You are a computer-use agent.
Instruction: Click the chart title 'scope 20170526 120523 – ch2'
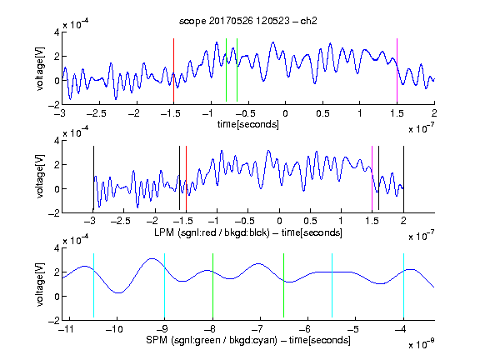click(248, 21)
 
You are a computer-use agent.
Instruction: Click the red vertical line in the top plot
click(173, 70)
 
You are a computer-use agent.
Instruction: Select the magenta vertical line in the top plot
click(397, 70)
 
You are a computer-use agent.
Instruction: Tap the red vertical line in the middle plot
click(186, 178)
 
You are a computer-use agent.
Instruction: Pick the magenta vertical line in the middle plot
click(372, 178)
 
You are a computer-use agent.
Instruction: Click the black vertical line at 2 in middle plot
click(403, 178)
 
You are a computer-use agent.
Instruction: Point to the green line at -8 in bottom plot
click(212, 285)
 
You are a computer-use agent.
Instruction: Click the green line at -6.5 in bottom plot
click(284, 285)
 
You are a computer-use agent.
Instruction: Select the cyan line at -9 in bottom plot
click(165, 285)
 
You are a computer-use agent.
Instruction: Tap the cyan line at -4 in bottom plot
click(403, 285)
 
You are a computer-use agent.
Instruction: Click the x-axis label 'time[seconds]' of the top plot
click(248, 124)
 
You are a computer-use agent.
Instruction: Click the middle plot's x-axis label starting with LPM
click(248, 232)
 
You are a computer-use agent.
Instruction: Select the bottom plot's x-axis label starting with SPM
click(248, 340)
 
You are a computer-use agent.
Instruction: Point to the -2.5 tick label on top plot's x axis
click(96, 113)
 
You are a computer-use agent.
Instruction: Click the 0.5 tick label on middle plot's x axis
click(310, 221)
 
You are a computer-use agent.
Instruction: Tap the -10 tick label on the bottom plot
click(114, 329)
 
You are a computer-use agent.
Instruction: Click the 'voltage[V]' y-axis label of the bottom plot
click(40, 284)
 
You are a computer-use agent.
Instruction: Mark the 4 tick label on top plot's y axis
click(57, 32)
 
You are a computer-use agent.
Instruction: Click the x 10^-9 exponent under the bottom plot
click(421, 344)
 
